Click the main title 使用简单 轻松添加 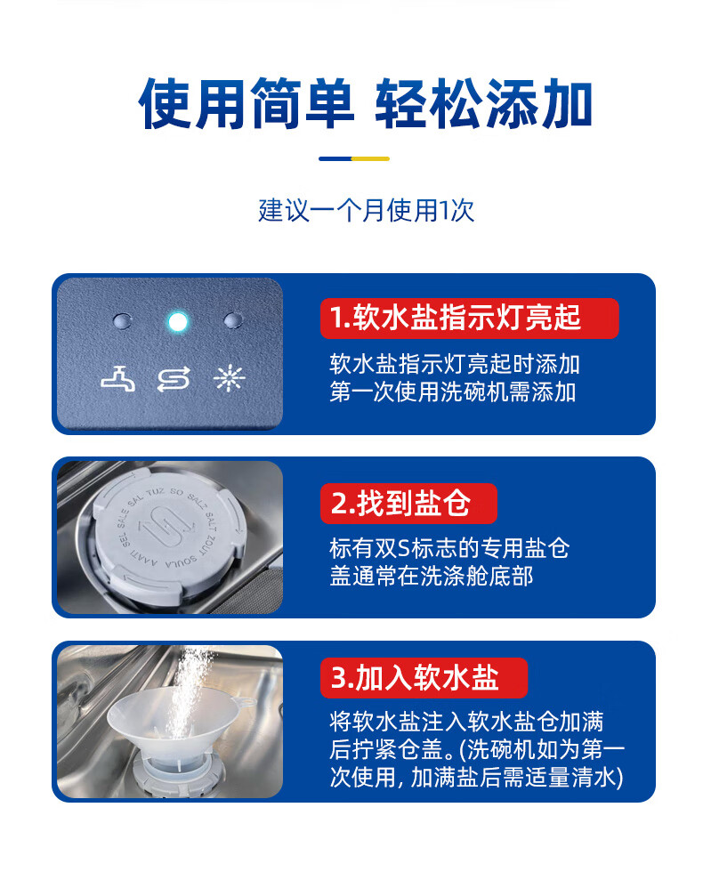(365, 104)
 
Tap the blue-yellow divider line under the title (353, 158)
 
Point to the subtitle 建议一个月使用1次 (366, 211)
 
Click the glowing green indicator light (178, 321)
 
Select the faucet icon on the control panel (119, 379)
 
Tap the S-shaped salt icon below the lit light (174, 380)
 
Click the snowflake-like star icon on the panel (229, 379)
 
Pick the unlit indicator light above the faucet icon (122, 320)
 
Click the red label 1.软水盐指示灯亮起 (468, 318)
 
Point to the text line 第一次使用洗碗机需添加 (452, 392)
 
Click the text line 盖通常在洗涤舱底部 (431, 576)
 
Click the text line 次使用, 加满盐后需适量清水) (476, 778)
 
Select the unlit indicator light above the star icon (233, 320)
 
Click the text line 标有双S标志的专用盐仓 (448, 548)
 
